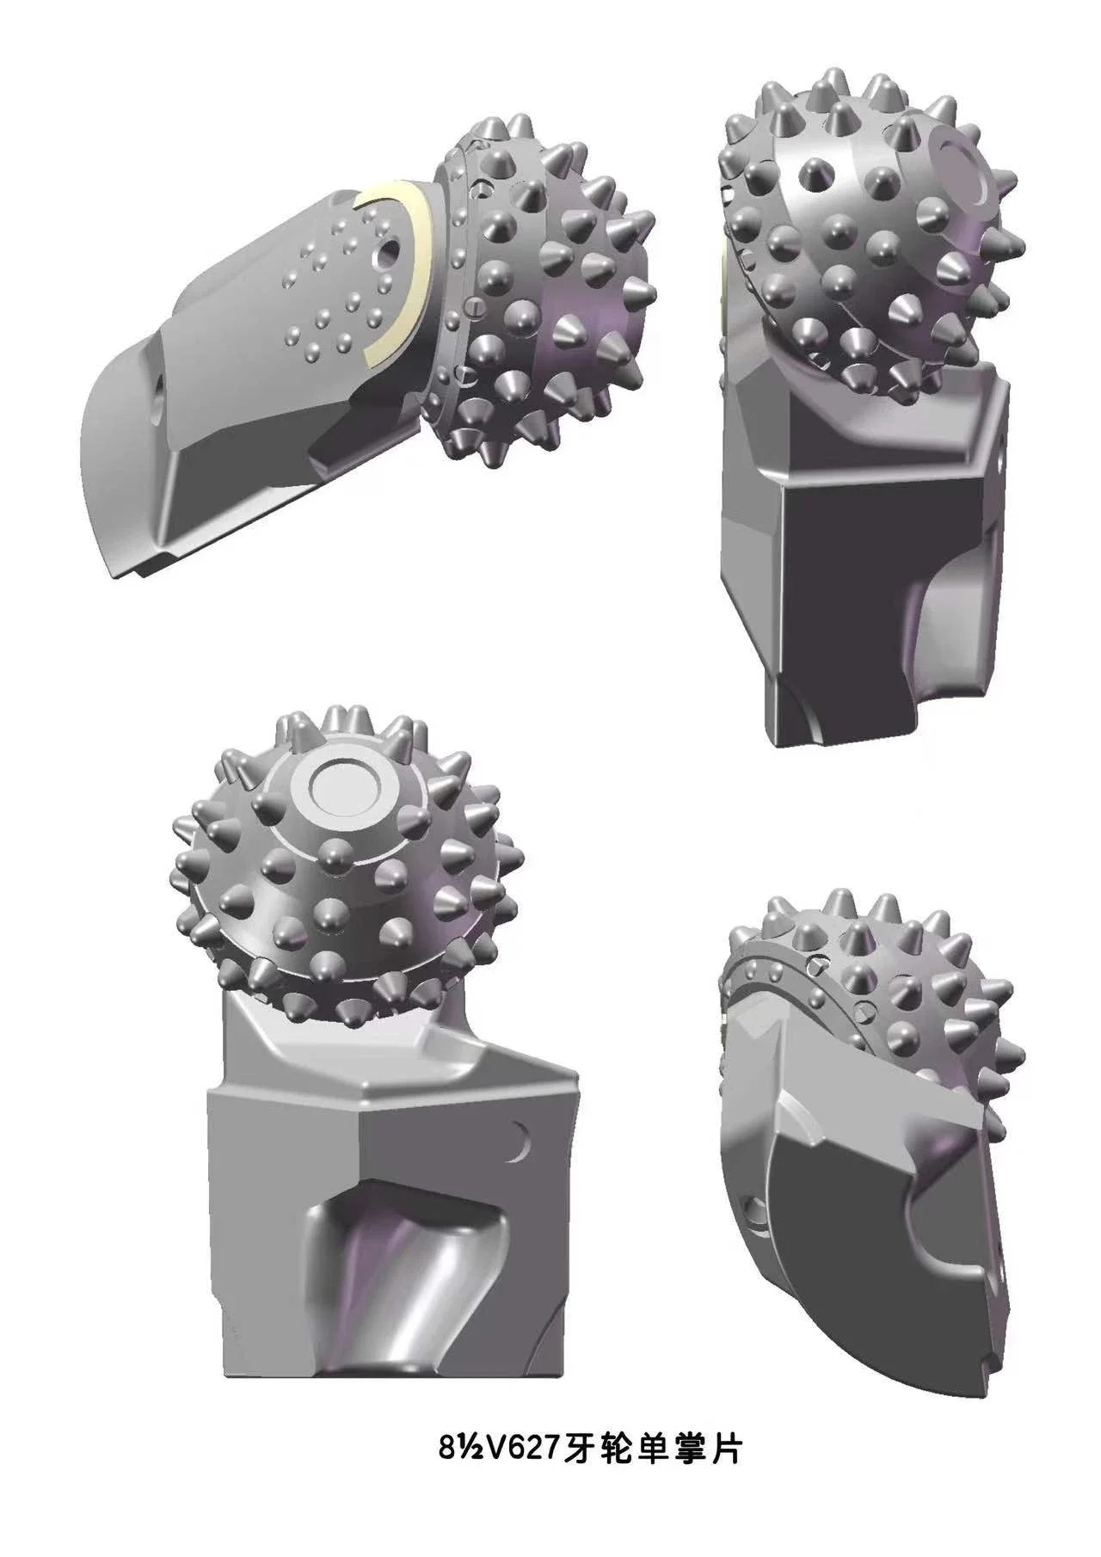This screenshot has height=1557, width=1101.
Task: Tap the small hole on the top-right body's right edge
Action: point(1000,464)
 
